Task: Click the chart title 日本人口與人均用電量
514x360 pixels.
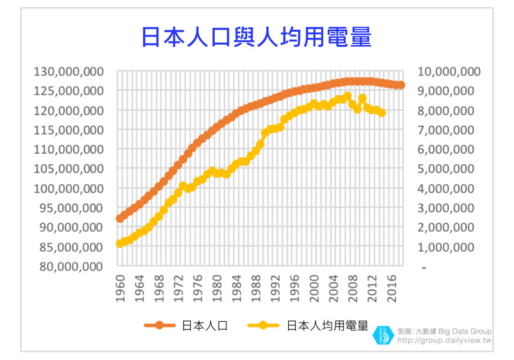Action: point(256,37)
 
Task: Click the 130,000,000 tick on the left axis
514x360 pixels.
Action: point(68,71)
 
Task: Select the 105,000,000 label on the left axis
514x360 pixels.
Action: point(68,169)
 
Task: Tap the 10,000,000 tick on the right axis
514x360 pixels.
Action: point(447,71)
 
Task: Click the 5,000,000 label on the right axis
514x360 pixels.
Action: point(447,169)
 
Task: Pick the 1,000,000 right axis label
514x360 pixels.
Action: point(447,247)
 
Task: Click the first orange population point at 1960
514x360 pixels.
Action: point(120,219)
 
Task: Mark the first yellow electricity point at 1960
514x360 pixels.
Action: point(120,243)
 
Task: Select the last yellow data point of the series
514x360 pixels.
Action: point(382,113)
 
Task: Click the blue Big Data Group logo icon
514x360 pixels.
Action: point(382,335)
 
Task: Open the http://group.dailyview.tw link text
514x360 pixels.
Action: point(444,340)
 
